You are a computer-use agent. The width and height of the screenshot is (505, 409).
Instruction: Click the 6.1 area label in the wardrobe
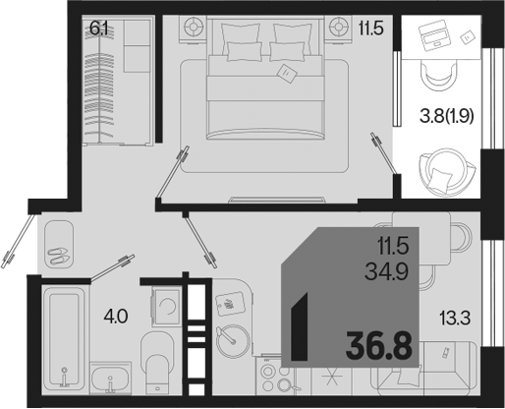click(x=98, y=29)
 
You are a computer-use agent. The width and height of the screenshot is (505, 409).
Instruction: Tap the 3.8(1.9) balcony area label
click(x=447, y=117)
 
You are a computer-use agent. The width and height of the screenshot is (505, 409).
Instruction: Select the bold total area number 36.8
click(x=379, y=346)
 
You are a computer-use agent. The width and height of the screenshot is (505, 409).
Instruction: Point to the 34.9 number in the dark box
click(x=387, y=272)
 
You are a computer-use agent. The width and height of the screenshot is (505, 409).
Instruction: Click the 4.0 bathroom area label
click(x=115, y=317)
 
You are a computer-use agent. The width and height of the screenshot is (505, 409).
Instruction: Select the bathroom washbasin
click(x=111, y=379)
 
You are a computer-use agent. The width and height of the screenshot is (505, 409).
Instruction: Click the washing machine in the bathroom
click(x=166, y=306)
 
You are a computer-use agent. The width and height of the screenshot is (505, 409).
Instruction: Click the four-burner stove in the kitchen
click(x=274, y=377)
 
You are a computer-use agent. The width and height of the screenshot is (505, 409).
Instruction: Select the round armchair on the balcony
click(x=446, y=171)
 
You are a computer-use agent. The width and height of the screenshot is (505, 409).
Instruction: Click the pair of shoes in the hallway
click(x=58, y=256)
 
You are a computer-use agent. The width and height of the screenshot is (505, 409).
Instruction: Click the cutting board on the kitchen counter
click(x=231, y=304)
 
